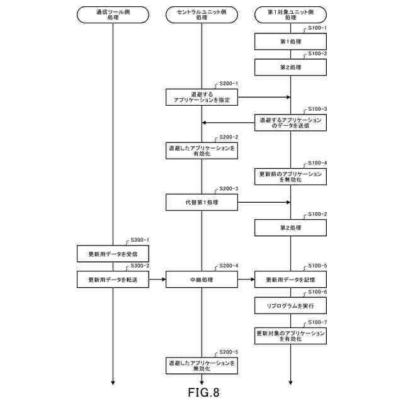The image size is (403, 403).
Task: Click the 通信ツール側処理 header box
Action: pyautogui.click(x=113, y=14)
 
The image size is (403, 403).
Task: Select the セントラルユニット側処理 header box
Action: pyautogui.click(x=201, y=14)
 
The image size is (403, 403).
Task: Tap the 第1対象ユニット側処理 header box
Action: pyautogui.click(x=290, y=14)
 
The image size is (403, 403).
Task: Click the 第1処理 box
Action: pyautogui.click(x=290, y=42)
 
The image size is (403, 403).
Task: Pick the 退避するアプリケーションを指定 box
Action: pyautogui.click(x=201, y=97)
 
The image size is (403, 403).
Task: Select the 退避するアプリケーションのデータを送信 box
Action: pyautogui.click(x=290, y=123)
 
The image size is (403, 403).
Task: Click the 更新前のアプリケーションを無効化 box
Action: pyautogui.click(x=290, y=176)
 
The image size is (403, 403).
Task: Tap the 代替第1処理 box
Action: pyautogui.click(x=201, y=202)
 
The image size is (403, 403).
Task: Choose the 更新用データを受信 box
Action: pyautogui.click(x=113, y=253)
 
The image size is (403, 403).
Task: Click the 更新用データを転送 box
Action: pyautogui.click(x=113, y=279)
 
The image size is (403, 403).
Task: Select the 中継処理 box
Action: pyautogui.click(x=201, y=279)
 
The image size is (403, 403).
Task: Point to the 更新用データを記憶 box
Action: pyautogui.click(x=290, y=279)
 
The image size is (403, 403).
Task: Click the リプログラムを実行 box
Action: pyautogui.click(x=290, y=306)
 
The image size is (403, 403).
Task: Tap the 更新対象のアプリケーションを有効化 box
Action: pyautogui.click(x=290, y=336)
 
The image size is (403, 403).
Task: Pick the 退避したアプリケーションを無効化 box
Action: pyautogui.click(x=201, y=365)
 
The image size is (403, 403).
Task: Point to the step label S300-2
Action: pyautogui.click(x=139, y=266)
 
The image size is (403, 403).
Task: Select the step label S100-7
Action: pyautogui.click(x=317, y=322)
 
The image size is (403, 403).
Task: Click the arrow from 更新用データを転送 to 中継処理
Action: pyautogui.click(x=157, y=279)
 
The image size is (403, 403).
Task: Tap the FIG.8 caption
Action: pyautogui.click(x=203, y=393)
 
